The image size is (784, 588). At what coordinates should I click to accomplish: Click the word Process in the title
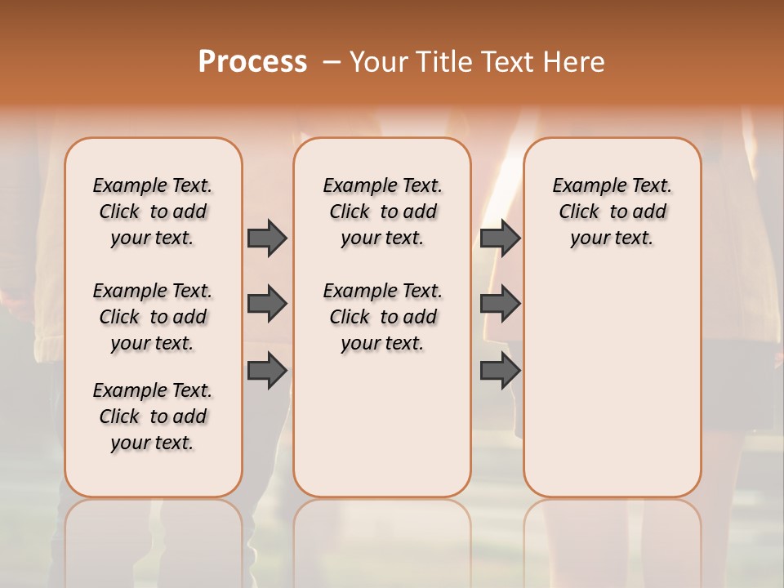tap(252, 62)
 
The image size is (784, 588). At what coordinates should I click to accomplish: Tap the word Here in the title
tap(575, 62)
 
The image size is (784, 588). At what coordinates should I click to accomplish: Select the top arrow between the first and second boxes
tap(267, 238)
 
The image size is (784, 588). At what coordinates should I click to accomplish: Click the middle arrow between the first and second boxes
tap(267, 304)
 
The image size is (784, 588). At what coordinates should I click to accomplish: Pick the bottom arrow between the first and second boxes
tap(267, 371)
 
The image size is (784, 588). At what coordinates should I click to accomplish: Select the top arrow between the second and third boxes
tap(500, 238)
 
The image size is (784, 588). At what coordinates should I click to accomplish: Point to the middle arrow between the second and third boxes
tap(500, 304)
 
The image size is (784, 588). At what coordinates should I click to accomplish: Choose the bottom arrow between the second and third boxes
tap(500, 371)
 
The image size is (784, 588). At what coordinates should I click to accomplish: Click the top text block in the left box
tap(153, 212)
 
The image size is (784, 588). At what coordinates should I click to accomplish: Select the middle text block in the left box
tap(153, 317)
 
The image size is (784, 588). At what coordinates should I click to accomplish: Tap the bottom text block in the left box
tap(153, 416)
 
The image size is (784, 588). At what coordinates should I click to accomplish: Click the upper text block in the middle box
tap(382, 212)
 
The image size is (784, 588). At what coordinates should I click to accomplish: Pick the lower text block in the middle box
tap(382, 317)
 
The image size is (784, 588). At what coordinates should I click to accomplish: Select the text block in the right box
tap(612, 212)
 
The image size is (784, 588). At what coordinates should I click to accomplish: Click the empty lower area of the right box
tap(612, 384)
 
